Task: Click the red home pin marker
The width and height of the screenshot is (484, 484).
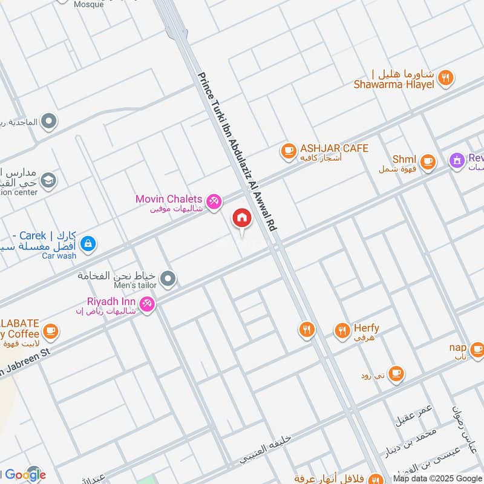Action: [x=242, y=219]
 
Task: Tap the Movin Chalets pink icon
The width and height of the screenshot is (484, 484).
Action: [x=213, y=201]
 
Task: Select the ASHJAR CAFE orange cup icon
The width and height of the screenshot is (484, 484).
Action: [x=288, y=149]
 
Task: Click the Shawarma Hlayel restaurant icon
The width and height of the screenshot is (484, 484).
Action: [x=446, y=77]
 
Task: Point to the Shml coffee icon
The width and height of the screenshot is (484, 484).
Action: [x=428, y=161]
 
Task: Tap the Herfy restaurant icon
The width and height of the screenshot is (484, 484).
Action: [x=342, y=330]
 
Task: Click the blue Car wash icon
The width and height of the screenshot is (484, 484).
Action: [x=88, y=243]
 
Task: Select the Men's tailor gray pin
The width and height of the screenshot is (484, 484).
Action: [x=169, y=279]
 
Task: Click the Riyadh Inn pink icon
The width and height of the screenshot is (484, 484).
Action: [x=147, y=304]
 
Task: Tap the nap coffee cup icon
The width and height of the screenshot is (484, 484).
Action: [x=477, y=349]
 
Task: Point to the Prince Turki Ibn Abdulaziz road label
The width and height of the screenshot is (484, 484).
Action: [x=238, y=151]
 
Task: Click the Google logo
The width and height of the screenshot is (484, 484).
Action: [x=24, y=475]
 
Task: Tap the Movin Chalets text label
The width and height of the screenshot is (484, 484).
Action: [x=169, y=199]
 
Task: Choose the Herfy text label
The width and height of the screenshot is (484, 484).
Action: [x=366, y=328]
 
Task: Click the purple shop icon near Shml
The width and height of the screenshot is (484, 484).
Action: [x=456, y=161]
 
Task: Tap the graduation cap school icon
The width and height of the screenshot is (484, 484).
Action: [x=48, y=180]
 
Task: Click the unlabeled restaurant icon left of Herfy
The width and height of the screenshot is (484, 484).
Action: [x=307, y=330]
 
